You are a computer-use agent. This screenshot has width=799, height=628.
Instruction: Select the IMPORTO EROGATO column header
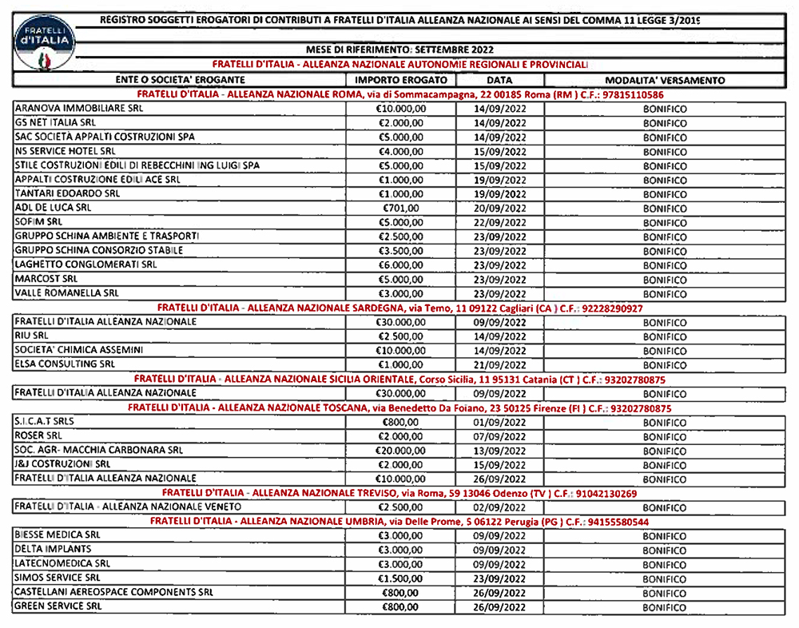tap(401, 80)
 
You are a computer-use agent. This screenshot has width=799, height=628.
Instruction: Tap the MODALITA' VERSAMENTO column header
tap(665, 80)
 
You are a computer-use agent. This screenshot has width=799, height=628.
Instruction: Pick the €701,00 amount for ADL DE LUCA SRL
tap(401, 208)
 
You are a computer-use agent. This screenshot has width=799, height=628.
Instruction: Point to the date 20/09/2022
tap(499, 208)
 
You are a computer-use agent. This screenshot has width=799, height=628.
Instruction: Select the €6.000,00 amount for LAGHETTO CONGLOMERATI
tap(401, 265)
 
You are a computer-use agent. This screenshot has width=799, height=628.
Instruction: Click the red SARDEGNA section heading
tap(400, 308)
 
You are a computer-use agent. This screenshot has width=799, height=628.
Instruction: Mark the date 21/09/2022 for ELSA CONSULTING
tap(499, 365)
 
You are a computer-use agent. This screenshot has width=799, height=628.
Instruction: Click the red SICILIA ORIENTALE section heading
tap(399, 380)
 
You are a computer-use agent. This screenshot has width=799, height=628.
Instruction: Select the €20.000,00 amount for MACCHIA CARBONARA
tap(401, 451)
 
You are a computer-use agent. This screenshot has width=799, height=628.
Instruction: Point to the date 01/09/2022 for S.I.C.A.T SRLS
tap(499, 422)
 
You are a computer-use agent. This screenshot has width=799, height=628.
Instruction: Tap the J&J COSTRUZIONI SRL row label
tap(62, 464)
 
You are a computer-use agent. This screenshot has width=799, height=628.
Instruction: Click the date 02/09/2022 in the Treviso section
tap(499, 507)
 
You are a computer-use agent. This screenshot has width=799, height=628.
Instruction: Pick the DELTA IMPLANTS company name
tap(54, 550)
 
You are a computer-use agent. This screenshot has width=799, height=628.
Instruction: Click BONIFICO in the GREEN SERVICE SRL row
tap(665, 607)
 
